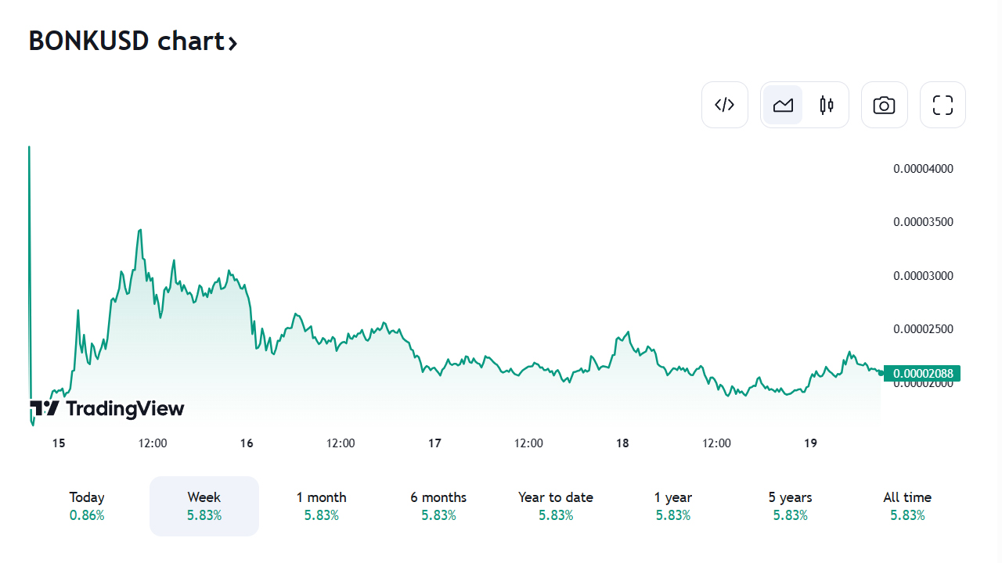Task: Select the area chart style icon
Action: (x=783, y=105)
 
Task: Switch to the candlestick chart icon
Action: (x=827, y=105)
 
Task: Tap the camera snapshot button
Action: (x=884, y=105)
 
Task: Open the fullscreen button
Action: (x=943, y=105)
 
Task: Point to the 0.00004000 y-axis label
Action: (x=923, y=169)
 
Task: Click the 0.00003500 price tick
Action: (x=923, y=222)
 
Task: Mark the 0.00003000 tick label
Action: (x=923, y=276)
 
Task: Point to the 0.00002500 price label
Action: (x=923, y=329)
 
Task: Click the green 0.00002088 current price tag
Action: (x=923, y=374)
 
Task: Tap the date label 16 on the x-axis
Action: (x=247, y=443)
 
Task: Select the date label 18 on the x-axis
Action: (x=622, y=443)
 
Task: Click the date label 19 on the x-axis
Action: (x=810, y=443)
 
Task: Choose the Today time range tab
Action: (x=86, y=506)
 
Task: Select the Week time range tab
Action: (x=204, y=506)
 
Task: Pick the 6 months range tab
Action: (x=438, y=506)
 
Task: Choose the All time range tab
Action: (x=907, y=506)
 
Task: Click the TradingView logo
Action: (x=107, y=408)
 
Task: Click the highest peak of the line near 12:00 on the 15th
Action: (x=140, y=230)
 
